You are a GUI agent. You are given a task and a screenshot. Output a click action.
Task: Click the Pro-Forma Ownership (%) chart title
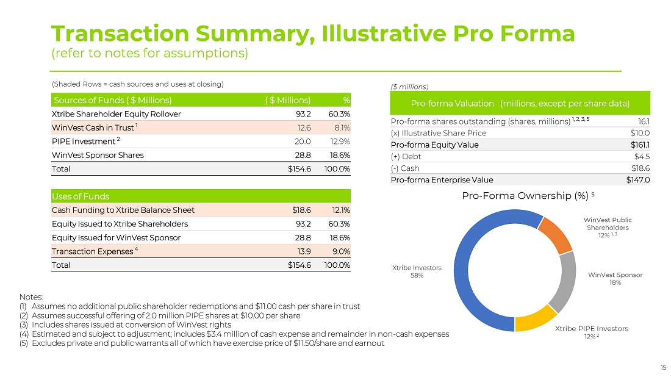pyautogui.click(x=522, y=196)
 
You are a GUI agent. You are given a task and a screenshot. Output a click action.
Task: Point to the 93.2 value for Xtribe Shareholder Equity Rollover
pyautogui.click(x=303, y=114)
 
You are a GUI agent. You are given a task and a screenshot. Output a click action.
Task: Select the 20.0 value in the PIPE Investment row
pyautogui.click(x=303, y=142)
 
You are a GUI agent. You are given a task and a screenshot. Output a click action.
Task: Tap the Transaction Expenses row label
pyautogui.click(x=93, y=251)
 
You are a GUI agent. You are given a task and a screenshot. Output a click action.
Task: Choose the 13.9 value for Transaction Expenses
pyautogui.click(x=303, y=251)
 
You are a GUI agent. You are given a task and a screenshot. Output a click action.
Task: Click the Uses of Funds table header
pyautogui.click(x=81, y=196)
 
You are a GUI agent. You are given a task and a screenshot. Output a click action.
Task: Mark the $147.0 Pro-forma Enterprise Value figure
pyautogui.click(x=637, y=180)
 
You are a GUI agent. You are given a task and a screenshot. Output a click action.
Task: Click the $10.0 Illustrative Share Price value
pyautogui.click(x=639, y=133)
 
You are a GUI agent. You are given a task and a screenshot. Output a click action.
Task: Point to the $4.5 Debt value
pyautogui.click(x=642, y=156)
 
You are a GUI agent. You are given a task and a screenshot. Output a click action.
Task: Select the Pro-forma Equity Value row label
pyautogui.click(x=434, y=145)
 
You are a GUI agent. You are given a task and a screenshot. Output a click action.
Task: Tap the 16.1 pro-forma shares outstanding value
pyautogui.click(x=643, y=121)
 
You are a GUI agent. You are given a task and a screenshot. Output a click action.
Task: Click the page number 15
pyautogui.click(x=663, y=368)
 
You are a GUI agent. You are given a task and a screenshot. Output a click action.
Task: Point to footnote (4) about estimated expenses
pyautogui.click(x=234, y=334)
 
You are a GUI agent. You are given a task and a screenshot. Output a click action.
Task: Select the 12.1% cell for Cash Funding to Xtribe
pyautogui.click(x=340, y=210)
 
